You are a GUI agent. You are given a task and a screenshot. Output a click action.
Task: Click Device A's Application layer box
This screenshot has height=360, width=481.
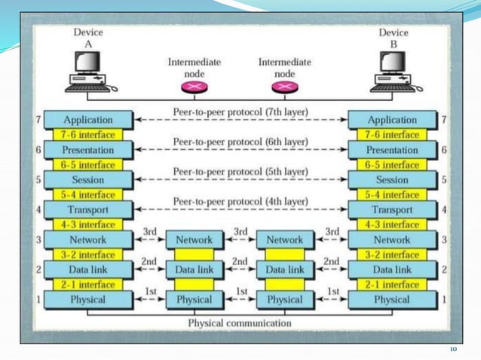tap(88, 120)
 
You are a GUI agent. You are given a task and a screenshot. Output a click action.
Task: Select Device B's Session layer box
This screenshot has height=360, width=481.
tap(392, 180)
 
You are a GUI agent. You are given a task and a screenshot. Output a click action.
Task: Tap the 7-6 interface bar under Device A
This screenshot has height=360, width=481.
tap(88, 135)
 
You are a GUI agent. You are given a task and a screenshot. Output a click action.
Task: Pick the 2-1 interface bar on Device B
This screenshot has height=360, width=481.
tap(392, 285)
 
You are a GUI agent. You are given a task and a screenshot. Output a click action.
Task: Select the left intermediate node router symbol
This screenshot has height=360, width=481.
tap(193, 88)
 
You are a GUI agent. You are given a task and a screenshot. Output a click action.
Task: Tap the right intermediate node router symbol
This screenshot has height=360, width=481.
tap(284, 88)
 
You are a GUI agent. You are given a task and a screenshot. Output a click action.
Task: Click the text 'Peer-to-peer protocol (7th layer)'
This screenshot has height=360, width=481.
tap(240, 112)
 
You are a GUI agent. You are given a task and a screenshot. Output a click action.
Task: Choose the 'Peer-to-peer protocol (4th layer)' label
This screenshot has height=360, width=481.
tap(240, 202)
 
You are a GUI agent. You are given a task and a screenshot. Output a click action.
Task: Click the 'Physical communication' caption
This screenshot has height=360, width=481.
tap(240, 323)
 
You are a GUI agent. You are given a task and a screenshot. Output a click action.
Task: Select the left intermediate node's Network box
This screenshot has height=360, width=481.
tap(194, 239)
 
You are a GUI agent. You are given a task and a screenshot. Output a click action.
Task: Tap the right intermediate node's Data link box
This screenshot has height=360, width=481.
tap(285, 269)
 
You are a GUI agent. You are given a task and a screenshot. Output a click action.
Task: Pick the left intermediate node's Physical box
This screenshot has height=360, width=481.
tap(194, 299)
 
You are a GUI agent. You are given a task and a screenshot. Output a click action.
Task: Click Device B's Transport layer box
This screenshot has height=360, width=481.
tap(392, 210)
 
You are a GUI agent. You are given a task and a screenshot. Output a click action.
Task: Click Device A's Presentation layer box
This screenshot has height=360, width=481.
tap(88, 150)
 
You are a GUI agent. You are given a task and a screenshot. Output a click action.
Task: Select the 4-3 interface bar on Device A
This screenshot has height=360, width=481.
tap(88, 224)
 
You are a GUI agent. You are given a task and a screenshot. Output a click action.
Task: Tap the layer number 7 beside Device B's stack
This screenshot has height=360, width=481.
tap(445, 120)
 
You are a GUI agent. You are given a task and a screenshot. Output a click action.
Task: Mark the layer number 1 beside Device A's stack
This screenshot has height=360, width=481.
tap(37, 299)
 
